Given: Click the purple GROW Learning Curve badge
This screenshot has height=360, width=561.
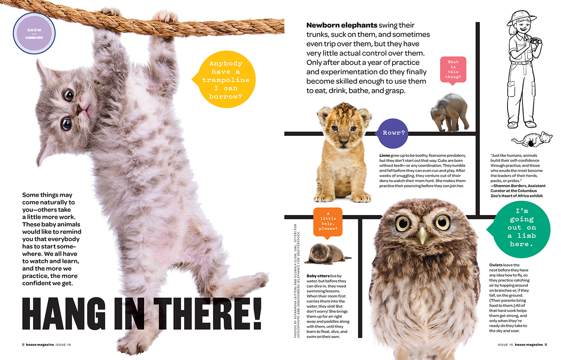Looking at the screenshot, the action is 34,33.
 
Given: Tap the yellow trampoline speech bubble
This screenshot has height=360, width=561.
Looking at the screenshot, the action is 225,79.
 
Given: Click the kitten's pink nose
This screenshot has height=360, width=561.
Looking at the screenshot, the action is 80,109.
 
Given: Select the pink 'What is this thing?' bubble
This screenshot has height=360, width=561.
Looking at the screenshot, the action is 453,70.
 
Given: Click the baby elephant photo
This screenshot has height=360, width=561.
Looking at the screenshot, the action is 449,112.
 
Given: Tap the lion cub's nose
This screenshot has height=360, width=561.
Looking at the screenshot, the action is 344,142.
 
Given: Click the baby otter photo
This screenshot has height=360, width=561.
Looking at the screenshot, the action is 327,254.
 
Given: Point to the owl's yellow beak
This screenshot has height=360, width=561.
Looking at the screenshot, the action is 422,235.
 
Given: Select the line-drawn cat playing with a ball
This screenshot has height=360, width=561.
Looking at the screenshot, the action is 532,139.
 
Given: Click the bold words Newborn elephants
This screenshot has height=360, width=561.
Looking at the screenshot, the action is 341,25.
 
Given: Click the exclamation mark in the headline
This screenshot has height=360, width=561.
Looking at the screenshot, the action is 257,313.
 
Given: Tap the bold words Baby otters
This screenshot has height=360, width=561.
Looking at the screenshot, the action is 318,276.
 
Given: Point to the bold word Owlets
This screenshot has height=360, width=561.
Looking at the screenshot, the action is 496,265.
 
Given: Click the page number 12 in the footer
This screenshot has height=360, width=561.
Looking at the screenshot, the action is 23,345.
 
